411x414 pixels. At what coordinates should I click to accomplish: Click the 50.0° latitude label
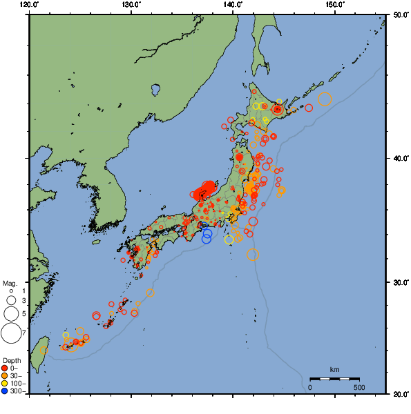click(x=401, y=14)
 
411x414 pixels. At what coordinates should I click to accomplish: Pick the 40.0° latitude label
click(x=401, y=159)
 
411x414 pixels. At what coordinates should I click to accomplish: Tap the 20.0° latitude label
click(x=401, y=394)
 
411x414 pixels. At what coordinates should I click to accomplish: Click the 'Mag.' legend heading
click(x=10, y=284)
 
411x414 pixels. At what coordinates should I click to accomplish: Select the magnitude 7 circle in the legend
click(x=10, y=333)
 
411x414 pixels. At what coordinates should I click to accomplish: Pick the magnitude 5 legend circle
click(x=10, y=314)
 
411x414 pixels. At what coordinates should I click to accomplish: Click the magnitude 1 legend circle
click(x=10, y=292)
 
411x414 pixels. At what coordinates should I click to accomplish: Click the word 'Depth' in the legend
click(x=11, y=361)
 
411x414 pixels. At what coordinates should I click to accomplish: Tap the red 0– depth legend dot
click(x=6, y=368)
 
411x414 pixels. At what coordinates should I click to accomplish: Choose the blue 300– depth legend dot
click(x=6, y=391)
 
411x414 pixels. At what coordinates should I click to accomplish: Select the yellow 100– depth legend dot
click(x=6, y=384)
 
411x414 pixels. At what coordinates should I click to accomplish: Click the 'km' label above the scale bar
click(x=334, y=370)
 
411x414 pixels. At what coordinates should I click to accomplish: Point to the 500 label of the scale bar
click(x=359, y=387)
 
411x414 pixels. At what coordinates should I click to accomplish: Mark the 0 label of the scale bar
click(x=310, y=387)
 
